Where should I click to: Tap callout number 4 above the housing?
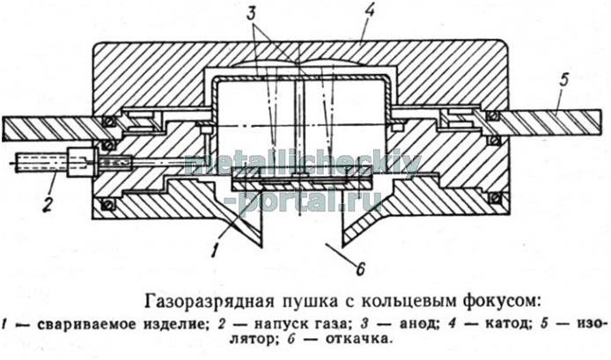368,11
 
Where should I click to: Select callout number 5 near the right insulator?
563,79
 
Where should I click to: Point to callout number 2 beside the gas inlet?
48,204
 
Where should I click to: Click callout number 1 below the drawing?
214,250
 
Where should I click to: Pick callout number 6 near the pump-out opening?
360,268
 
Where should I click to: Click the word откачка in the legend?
357,339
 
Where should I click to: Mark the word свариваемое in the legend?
88,325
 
